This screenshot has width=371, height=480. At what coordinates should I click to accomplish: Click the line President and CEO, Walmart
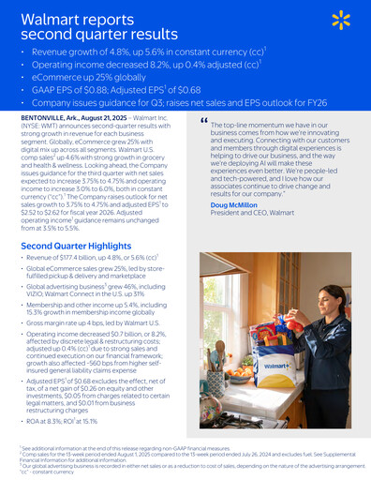tap(253, 213)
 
